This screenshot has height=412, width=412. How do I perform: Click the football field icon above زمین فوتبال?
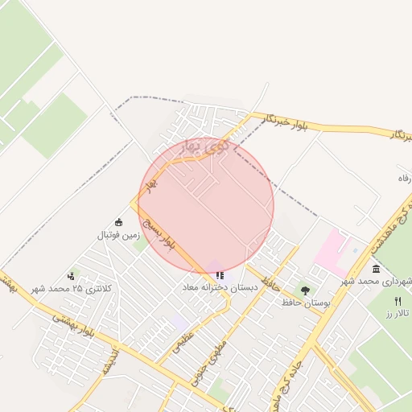[119, 223]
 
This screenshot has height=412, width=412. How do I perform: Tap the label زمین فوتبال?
[119, 235]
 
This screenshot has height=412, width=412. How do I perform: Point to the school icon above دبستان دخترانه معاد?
[220, 275]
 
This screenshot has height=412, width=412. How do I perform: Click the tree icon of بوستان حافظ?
[305, 291]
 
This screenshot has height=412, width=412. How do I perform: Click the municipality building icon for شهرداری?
[377, 269]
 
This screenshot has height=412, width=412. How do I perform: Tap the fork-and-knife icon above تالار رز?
[398, 301]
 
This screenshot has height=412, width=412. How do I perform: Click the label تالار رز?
[398, 312]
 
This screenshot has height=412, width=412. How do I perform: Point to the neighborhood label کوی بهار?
[206, 147]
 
